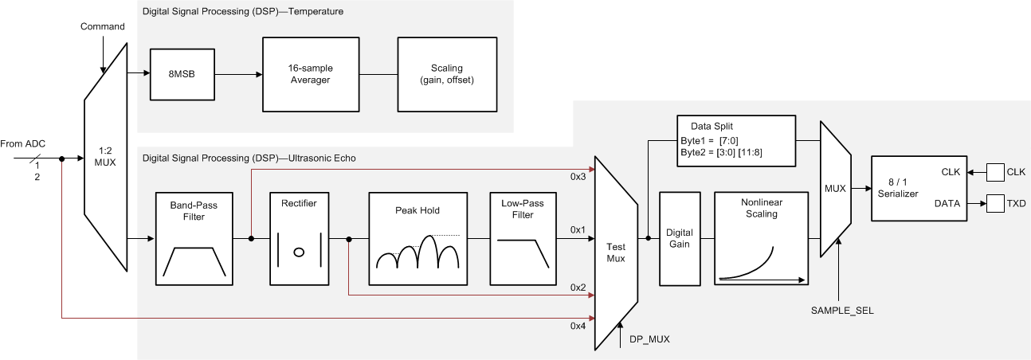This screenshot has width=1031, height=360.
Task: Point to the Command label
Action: coord(103,27)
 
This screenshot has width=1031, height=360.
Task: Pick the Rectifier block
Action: coord(299,237)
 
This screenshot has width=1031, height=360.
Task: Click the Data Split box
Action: coord(735,141)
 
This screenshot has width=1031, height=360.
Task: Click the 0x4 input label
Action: coord(578,327)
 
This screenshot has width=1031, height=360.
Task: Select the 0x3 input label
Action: coord(578,176)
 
